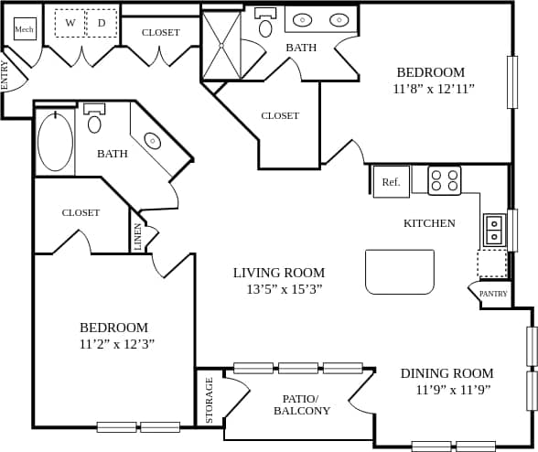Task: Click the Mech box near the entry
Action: coord(25,29)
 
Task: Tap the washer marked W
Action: coord(70,23)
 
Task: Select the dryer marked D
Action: coord(102,23)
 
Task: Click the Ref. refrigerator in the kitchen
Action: coord(391,181)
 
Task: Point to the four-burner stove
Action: coord(445,180)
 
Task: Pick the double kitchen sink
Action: coord(494,230)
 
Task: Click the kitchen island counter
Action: coord(400,272)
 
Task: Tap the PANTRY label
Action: coord(493,294)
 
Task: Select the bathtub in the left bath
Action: coord(55,142)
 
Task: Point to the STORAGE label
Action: coord(209,400)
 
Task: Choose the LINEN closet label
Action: coord(138,237)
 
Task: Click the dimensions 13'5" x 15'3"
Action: coord(284,289)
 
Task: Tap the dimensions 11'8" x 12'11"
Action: coord(435,89)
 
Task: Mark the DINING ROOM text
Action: coord(447,373)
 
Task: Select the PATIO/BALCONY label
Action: coord(302,404)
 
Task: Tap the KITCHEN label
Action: coord(429,223)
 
